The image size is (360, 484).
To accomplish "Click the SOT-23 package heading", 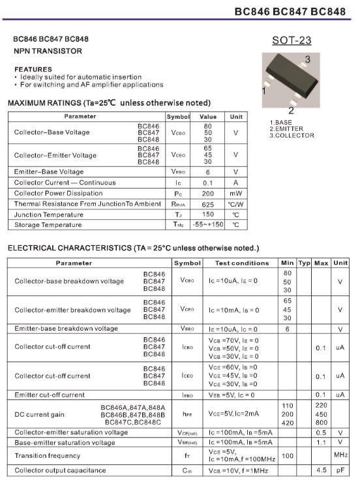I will pos(292,40).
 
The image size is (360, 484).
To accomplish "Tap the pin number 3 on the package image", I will pos(307,59).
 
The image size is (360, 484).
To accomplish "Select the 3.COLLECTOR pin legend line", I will pos(292,136).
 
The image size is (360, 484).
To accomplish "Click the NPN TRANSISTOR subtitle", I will pos(48,50).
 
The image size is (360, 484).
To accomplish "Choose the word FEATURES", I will pos(33,69).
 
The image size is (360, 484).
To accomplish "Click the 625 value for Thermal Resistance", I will pos(207,204).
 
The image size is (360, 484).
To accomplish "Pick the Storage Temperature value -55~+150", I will pos(207,225).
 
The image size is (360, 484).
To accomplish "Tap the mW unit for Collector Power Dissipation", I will pos(235,194).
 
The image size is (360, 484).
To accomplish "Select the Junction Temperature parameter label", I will pos(48,215).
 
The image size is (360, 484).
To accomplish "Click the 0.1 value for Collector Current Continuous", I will pos(207,183).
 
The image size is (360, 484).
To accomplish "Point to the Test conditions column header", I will pos(242,263).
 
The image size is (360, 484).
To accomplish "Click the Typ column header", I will pos(304,263).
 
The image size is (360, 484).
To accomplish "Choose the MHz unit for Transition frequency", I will pos(340,455).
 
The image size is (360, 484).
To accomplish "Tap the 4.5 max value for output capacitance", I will pos(321,470).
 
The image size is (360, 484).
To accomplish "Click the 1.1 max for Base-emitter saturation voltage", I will pos(321,442).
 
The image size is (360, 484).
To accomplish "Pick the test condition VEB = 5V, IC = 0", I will pos(233,395).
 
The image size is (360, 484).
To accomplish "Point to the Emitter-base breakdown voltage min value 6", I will pos(287,329).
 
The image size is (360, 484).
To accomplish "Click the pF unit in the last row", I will pos(340,470).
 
